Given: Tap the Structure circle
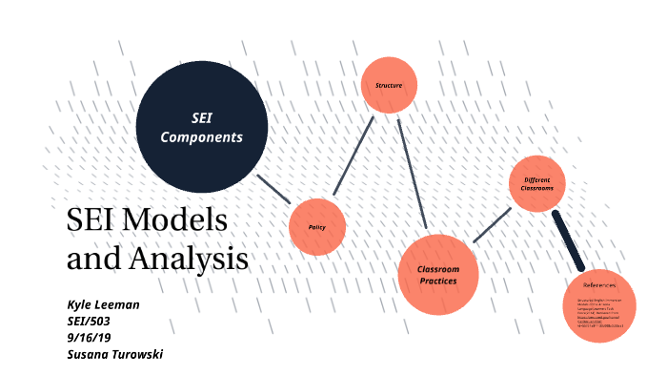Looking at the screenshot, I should click(388, 86).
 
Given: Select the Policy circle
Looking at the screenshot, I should click(317, 227).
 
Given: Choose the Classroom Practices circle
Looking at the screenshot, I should click(436, 275).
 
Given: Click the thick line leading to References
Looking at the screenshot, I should click(568, 240).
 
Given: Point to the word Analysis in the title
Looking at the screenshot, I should click(196, 258).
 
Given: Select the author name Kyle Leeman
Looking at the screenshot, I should click(103, 304).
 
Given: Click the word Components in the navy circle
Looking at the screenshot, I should click(201, 137).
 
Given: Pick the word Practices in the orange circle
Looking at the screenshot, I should click(437, 281).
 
